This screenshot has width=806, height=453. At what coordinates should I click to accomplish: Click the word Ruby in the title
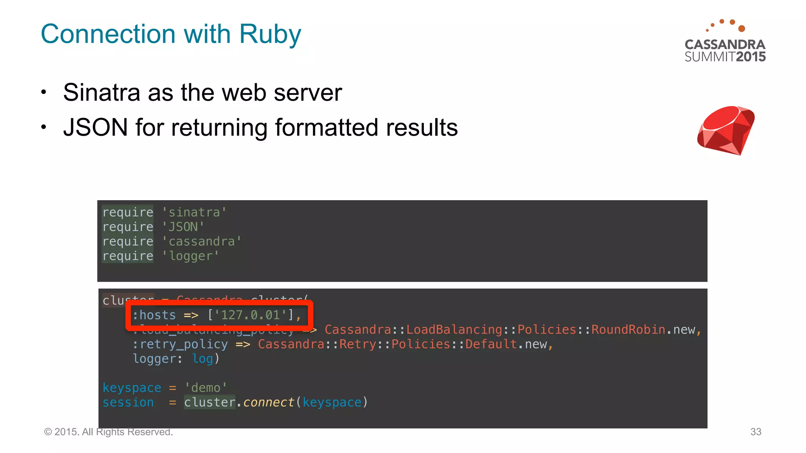(270, 35)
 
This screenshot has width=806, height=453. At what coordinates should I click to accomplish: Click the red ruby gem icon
(726, 130)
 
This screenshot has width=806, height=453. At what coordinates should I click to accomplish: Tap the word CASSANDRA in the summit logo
(725, 44)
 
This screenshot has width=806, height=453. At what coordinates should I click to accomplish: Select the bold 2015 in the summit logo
(751, 57)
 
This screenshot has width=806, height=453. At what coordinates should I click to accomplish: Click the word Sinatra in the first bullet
(102, 93)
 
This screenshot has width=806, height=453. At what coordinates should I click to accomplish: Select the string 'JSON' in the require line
(183, 227)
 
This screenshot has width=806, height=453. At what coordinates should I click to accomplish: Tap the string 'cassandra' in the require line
(201, 241)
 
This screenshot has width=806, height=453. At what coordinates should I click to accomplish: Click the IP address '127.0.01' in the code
(250, 315)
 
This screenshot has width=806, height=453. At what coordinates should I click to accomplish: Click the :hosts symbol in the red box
(154, 315)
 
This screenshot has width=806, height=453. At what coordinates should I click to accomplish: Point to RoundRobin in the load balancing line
(628, 330)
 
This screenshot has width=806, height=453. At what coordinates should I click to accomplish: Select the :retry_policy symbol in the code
(180, 344)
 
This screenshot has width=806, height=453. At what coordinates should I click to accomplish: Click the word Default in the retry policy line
(491, 344)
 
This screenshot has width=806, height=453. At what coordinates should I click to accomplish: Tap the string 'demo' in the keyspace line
(205, 388)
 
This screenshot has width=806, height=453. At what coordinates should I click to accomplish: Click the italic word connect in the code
(268, 402)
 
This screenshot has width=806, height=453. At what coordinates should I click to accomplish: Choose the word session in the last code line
(128, 402)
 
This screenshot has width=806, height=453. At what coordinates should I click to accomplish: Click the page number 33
(756, 432)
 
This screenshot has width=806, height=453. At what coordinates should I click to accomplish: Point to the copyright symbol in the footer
(48, 432)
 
